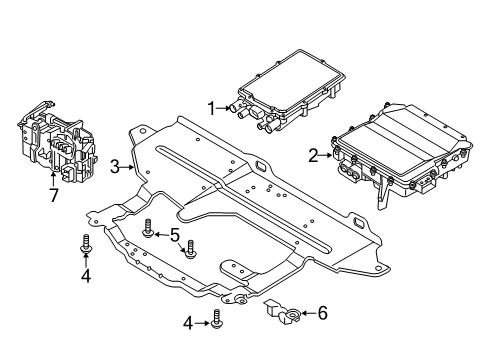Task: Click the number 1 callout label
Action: point(211,107)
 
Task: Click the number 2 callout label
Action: point(313,155)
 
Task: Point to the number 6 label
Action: point(321,313)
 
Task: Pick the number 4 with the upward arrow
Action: point(85,275)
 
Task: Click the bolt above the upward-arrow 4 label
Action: point(85,241)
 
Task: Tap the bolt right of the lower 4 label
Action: point(216,321)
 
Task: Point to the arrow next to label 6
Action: point(304,313)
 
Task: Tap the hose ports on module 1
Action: point(244,112)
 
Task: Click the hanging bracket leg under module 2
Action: point(381,197)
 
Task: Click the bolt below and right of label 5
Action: point(188,247)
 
